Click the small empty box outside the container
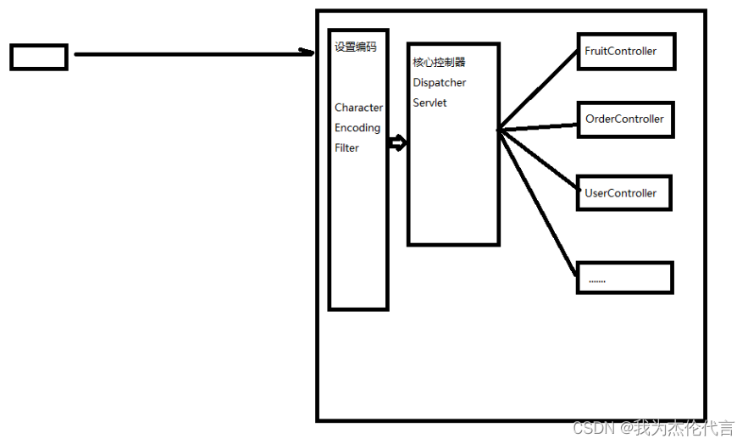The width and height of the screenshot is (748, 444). pos(38,57)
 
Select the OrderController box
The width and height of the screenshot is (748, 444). pos(624,119)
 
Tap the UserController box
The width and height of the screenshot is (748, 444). pos(623,193)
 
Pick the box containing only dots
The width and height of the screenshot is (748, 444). pos(624,278)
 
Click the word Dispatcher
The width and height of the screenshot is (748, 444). pos(440,83)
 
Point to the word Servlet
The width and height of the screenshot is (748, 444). pos(429,103)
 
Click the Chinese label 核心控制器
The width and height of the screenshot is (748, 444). pos(439,63)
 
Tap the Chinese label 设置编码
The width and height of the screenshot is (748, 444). pos(356,47)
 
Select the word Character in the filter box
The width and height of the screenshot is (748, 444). pos(358,108)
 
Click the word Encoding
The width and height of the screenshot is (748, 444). pos(357,128)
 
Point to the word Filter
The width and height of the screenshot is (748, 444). pos(346,148)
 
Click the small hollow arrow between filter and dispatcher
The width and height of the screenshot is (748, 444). pos(397,143)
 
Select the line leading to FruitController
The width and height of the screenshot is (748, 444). pos(539,90)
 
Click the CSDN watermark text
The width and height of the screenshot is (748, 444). pos(653,429)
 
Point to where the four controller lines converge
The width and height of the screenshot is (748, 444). pos(499,130)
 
